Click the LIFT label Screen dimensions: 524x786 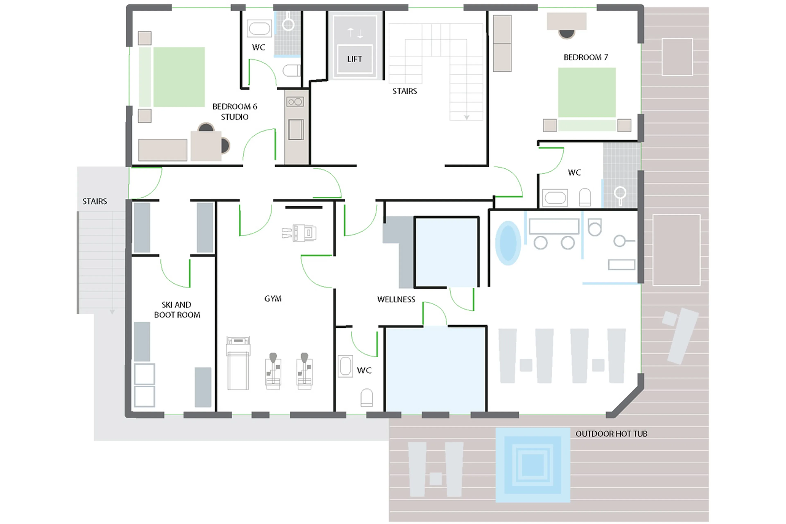point(354,59)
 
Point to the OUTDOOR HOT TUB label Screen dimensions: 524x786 point(611,434)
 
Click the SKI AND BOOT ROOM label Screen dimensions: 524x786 point(177,310)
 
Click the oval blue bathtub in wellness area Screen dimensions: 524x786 point(508,243)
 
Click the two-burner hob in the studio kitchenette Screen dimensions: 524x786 point(295,102)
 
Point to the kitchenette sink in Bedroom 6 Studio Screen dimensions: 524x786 point(296,129)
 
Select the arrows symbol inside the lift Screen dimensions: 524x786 point(355,33)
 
